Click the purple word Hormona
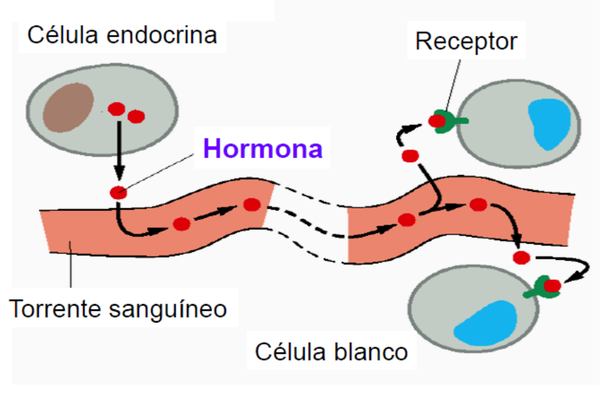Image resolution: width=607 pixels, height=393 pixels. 263,149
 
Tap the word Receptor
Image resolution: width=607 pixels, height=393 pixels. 466,42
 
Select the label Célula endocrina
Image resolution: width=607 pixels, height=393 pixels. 122,34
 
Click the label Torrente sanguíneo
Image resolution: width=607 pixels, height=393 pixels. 118,307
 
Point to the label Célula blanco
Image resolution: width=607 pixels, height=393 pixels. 332,352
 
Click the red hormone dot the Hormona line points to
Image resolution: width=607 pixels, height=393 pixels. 118,193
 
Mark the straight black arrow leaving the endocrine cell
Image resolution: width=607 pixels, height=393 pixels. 118,150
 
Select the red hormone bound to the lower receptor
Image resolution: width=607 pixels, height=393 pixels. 553,285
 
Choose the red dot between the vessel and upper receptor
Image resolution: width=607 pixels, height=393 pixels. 410,156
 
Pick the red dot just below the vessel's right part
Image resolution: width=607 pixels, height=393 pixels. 521,258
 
